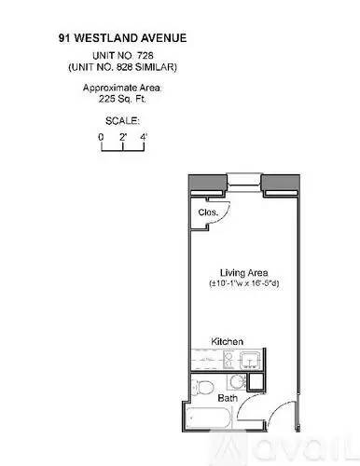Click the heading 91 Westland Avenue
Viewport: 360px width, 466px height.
[x=122, y=38]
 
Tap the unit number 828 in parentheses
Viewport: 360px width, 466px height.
[x=124, y=67]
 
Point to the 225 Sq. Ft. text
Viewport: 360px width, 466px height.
[x=122, y=99]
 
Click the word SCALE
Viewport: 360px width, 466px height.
[x=122, y=120]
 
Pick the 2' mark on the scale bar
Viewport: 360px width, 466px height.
[x=123, y=137]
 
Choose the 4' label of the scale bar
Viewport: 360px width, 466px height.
[x=144, y=137]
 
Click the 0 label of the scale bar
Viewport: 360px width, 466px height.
[x=101, y=137]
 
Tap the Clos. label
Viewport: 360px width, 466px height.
[x=208, y=212]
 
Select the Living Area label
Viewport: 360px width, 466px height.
[x=244, y=273]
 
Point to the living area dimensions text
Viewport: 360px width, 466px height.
[x=244, y=283]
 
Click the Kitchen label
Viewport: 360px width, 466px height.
[x=227, y=341]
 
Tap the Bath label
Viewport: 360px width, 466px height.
[x=228, y=398]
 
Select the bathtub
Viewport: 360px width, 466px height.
[x=208, y=418]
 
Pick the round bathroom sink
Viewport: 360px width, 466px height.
[x=237, y=382]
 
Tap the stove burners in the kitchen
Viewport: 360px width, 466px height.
[x=228, y=360]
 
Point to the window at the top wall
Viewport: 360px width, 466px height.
[x=244, y=181]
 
